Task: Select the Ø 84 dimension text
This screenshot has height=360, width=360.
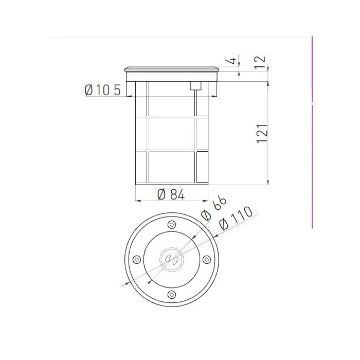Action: coord(171,194)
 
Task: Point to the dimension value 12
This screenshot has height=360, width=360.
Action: coord(261,62)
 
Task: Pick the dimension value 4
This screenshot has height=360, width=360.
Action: coord(233,61)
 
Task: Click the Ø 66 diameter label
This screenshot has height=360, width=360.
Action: coord(214,208)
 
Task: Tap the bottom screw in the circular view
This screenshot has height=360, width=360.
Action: coord(171,294)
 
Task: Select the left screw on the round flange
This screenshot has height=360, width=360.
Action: coord(136,259)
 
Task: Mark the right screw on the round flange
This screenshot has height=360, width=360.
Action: coord(206,259)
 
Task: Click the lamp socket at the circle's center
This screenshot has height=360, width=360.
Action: coord(171,259)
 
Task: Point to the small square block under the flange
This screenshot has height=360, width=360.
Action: coord(195,86)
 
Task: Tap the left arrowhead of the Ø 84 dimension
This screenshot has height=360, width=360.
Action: coord(136,201)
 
